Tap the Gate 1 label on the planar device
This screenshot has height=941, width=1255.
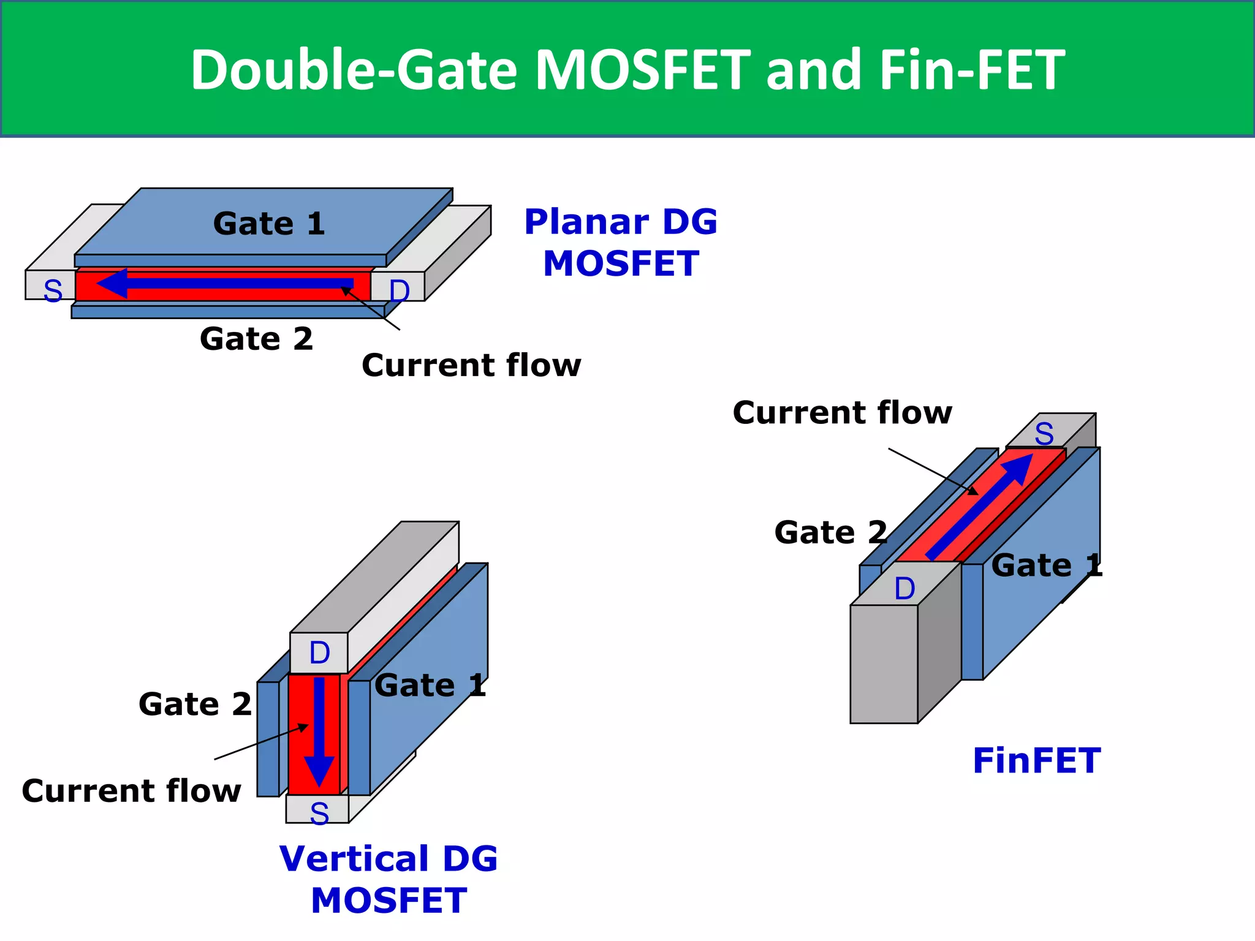(x=269, y=224)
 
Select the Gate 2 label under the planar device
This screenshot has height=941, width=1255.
(x=256, y=339)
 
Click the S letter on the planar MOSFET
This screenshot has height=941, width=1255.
(x=53, y=290)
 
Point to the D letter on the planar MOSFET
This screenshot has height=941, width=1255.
(x=399, y=290)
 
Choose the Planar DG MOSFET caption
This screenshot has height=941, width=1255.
(x=621, y=243)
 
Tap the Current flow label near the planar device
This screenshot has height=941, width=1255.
(x=471, y=366)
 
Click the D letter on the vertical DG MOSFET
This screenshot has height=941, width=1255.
(x=319, y=653)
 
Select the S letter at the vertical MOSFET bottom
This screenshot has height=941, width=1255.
(x=319, y=814)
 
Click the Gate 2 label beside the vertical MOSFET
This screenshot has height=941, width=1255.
(x=195, y=705)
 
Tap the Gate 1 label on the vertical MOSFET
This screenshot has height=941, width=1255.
(x=430, y=686)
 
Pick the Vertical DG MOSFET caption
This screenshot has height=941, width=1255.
(x=389, y=879)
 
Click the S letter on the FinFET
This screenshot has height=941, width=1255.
(x=1044, y=434)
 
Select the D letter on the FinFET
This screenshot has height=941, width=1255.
(x=904, y=589)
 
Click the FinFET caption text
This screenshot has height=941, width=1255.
(x=1037, y=761)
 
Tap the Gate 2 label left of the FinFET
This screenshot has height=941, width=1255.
(x=830, y=532)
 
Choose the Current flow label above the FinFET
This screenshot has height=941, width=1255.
(x=843, y=413)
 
